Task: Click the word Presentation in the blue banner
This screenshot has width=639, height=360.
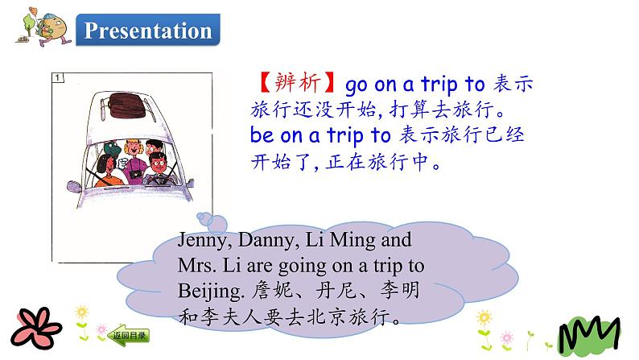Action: [148, 31]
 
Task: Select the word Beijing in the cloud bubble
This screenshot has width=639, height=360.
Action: [204, 289]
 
